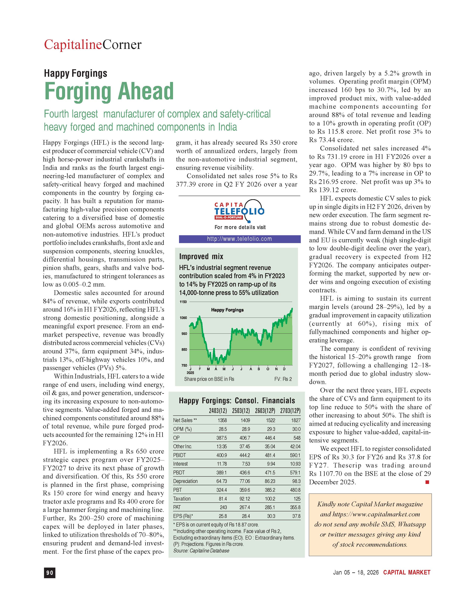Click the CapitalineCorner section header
(x=93, y=45)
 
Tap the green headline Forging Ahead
(x=109, y=91)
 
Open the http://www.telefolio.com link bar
(x=240, y=239)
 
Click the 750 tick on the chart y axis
(x=184, y=365)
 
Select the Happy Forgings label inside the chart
(x=227, y=310)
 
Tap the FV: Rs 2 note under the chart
(x=283, y=379)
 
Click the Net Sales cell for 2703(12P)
(x=296, y=420)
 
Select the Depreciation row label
(x=185, y=481)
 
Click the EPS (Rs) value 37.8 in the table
(x=296, y=516)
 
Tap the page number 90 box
(x=50, y=573)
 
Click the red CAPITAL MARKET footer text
(x=406, y=572)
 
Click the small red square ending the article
(x=427, y=482)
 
